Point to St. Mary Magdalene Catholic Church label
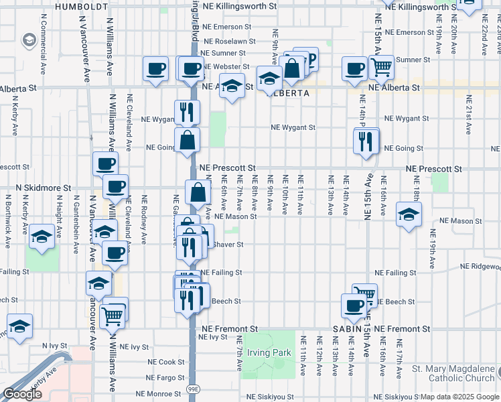click(453, 373)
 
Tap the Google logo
click(22, 394)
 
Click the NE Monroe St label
click(159, 395)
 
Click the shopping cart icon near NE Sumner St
click(381, 66)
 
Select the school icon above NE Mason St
click(408, 214)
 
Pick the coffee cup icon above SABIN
click(354, 306)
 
